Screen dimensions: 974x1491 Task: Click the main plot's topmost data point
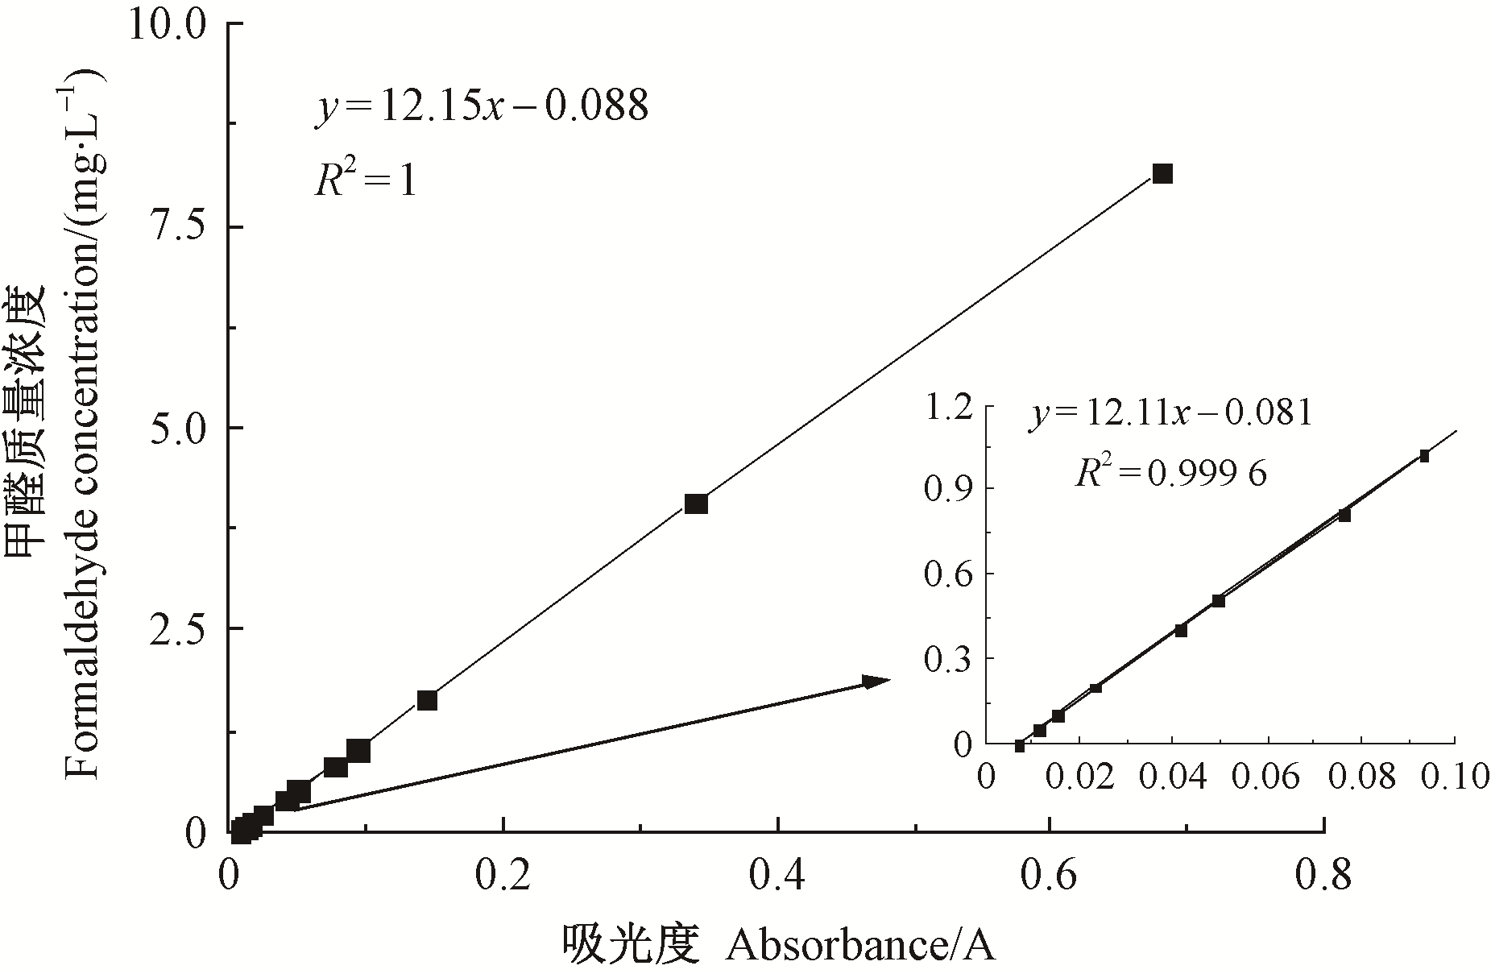[1162, 173]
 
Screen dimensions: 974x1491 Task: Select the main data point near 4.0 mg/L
[696, 504]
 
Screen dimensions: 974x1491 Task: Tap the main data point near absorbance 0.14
[427, 699]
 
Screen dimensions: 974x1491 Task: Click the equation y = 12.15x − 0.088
[481, 106]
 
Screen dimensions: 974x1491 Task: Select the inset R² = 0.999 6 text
[1170, 473]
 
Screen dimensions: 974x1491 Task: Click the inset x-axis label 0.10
[1454, 777]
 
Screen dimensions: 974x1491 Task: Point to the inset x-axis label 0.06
[1269, 777]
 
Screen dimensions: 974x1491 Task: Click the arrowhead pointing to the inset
[876, 681]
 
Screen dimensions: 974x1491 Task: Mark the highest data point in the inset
[1424, 456]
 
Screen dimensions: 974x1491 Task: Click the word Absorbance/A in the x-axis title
[859, 945]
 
